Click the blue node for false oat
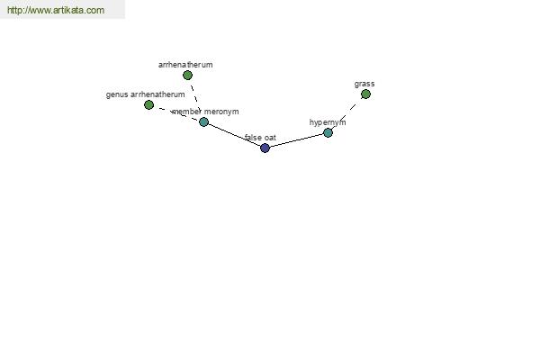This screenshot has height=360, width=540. click(x=265, y=148)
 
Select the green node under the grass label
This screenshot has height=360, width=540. click(x=365, y=94)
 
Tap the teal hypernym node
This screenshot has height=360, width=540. click(x=328, y=132)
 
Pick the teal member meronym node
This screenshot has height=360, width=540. click(x=204, y=121)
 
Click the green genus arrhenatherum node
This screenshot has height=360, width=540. click(x=148, y=104)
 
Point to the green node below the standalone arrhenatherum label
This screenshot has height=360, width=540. click(x=187, y=75)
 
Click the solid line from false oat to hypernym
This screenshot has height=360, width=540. click(x=296, y=140)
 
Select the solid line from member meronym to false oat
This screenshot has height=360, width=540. click(x=234, y=135)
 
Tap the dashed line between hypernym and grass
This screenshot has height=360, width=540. click(x=346, y=113)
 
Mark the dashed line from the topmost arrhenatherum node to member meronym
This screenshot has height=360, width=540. click(x=195, y=98)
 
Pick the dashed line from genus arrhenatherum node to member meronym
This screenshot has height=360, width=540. click(x=176, y=113)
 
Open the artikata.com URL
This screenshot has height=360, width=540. click(x=56, y=10)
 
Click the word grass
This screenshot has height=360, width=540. click(x=364, y=84)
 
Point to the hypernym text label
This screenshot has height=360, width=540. click(x=328, y=122)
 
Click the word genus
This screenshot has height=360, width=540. click(x=117, y=94)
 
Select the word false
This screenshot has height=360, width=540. click(x=253, y=138)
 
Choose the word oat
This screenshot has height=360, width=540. click(x=270, y=138)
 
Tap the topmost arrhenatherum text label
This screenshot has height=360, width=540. click(x=185, y=65)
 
